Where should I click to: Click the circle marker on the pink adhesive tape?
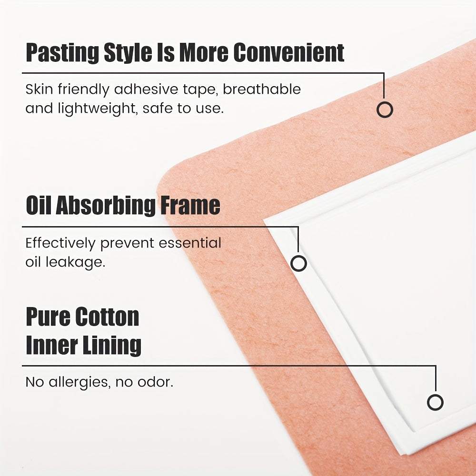(385, 110)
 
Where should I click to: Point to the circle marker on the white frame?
(298, 263)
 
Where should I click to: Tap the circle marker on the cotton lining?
(435, 402)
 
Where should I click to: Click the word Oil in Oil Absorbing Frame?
(38, 206)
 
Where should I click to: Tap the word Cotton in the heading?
(109, 317)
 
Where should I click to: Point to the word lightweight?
(93, 109)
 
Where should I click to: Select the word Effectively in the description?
(60, 243)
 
